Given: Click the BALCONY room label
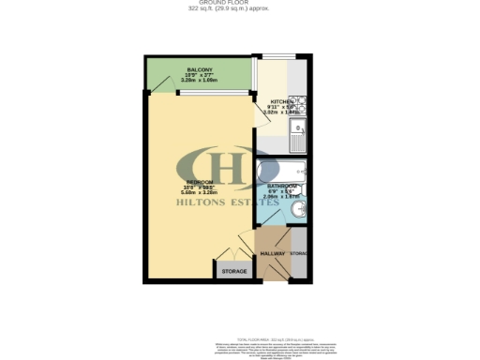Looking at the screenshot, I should coord(199,70).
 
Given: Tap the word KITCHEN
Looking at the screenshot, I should coord(282,100).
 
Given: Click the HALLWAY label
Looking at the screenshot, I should coord(272,254).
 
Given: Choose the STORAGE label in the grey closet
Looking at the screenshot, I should coord(234,272).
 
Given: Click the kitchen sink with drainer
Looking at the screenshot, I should coord(298,142).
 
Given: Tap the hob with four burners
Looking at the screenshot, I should coord(296,106).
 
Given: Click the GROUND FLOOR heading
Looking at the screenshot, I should coord(241,4).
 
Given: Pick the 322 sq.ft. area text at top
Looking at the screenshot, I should coord(241,9).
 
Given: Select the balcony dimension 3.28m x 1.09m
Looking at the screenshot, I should coord(199,82).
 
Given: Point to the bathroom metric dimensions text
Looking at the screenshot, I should coord(279,198).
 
